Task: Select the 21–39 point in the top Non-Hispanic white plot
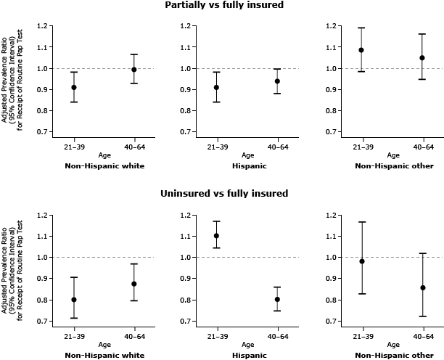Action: tap(74, 87)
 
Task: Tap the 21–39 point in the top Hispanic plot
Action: tap(217, 87)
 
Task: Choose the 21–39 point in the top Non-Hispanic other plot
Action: tap(361, 50)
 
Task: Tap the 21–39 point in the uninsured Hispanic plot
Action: tap(217, 235)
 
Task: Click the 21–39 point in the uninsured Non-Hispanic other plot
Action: tap(361, 261)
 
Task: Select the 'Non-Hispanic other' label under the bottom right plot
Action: tap(394, 355)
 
